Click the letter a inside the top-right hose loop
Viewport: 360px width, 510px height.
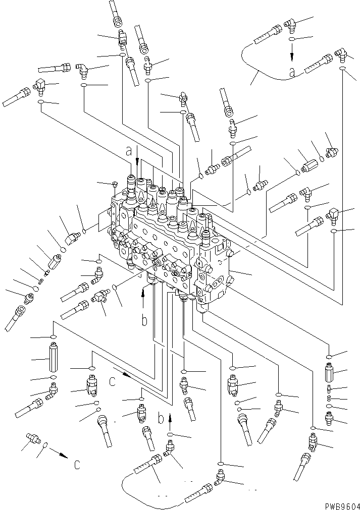click(292, 73)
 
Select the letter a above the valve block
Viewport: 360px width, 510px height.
click(129, 150)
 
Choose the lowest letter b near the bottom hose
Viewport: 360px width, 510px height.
click(160, 418)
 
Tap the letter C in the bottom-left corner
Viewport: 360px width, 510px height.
click(76, 465)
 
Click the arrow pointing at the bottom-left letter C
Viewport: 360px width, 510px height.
click(61, 455)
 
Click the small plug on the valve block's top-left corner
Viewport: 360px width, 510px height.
click(115, 185)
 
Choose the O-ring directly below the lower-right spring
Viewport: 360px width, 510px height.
click(330, 406)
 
